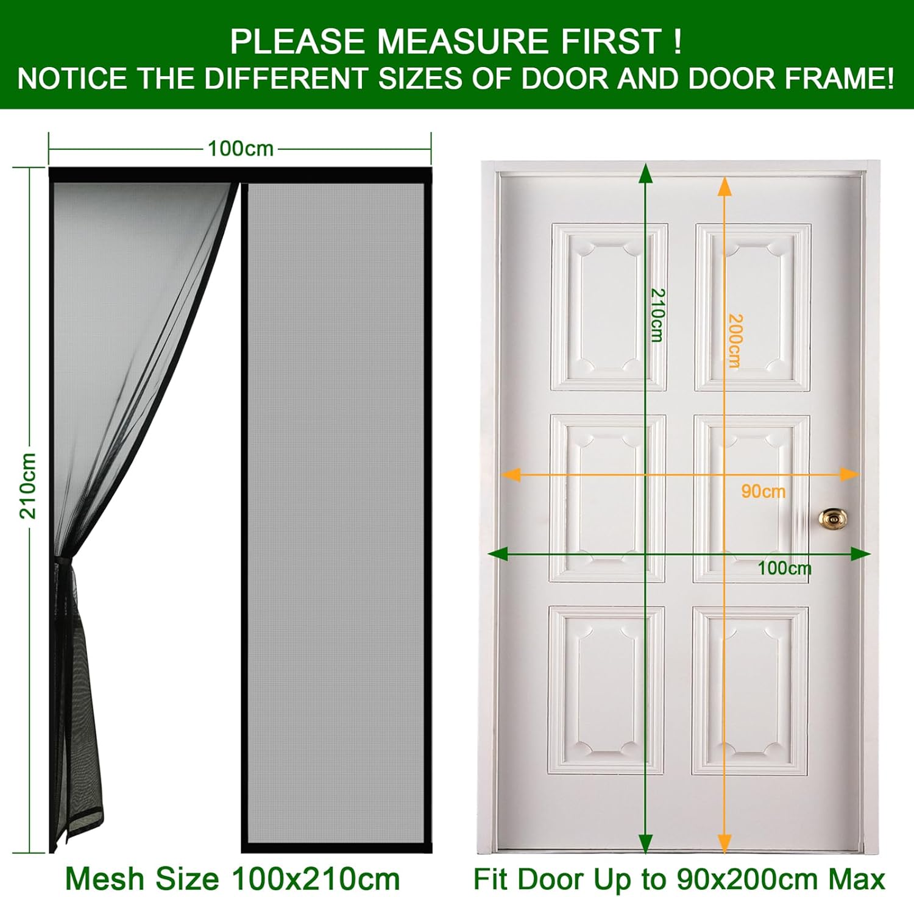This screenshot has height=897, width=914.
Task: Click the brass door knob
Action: pyautogui.click(x=833, y=519)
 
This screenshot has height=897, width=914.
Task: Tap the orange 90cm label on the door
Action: pyautogui.click(x=763, y=491)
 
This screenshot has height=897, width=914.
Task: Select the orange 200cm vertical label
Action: pyautogui.click(x=735, y=341)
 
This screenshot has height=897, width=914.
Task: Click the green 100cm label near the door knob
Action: pyautogui.click(x=784, y=568)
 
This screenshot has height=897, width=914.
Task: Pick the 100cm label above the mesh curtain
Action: pyautogui.click(x=241, y=149)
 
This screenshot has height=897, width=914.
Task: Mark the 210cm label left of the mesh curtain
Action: pyautogui.click(x=28, y=486)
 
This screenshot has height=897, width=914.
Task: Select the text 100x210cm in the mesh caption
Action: pyautogui.click(x=316, y=879)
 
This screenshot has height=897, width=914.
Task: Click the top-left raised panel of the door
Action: pyautogui.click(x=609, y=307)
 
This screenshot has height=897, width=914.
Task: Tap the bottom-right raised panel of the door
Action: pyautogui.click(x=751, y=690)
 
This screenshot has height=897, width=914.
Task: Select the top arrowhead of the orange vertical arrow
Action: pyautogui.click(x=724, y=186)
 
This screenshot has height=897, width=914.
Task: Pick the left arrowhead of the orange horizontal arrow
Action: pyautogui.click(x=511, y=474)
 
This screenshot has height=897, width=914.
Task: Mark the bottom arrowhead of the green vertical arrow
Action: pyautogui.click(x=646, y=843)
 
